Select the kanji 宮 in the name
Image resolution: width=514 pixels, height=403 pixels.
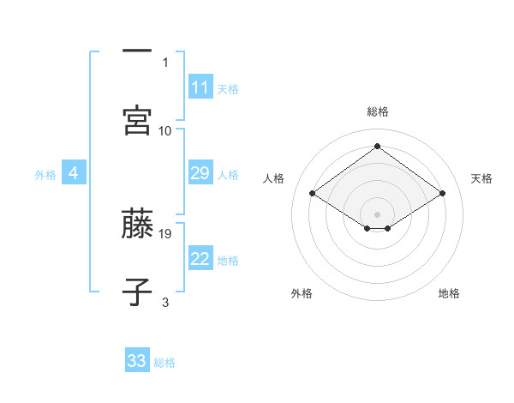(137, 121)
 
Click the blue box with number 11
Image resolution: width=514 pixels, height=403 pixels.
(200, 87)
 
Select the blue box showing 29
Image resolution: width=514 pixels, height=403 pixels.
(200, 174)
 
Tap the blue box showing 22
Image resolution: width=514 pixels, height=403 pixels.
(200, 260)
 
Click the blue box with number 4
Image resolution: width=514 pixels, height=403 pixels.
(74, 174)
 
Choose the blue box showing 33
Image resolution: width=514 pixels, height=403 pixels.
(137, 361)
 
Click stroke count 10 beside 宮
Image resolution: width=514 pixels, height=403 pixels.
(165, 130)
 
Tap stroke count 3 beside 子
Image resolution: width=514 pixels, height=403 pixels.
(165, 302)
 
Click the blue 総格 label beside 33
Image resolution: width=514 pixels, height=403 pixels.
(164, 363)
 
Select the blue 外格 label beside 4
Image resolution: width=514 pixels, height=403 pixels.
(45, 175)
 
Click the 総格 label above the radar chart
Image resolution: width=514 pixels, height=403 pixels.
(378, 111)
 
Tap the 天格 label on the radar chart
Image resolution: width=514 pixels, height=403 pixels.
(481, 178)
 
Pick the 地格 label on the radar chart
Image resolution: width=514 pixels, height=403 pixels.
(449, 293)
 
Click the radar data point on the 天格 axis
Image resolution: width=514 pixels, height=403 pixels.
(442, 194)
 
